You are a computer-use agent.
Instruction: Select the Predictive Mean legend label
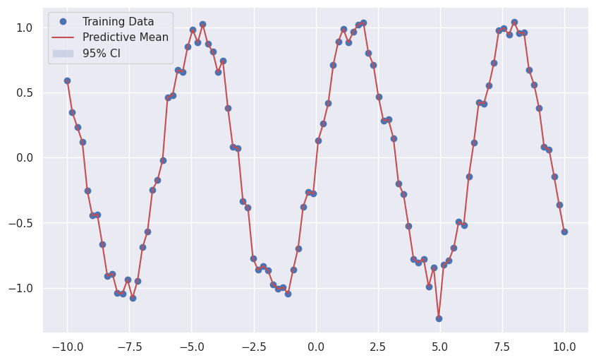tap(126, 37)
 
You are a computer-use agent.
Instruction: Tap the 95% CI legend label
tap(102, 54)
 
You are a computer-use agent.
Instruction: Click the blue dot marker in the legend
tap(63, 22)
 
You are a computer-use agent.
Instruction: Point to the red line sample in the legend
tap(63, 37)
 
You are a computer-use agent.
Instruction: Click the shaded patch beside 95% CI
tap(63, 54)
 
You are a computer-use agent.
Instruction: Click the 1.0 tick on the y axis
tap(26, 28)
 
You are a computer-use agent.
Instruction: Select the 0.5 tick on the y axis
tap(26, 92)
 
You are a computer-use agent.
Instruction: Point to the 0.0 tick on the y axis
tap(26, 158)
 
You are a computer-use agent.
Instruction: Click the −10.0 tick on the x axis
tap(67, 347)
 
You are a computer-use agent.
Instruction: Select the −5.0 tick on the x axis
tap(191, 347)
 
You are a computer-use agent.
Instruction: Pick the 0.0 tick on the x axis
tap(316, 347)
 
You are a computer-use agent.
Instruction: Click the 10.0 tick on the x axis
tap(564, 347)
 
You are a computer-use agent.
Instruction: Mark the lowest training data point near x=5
tap(439, 318)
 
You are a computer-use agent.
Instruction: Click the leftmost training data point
tap(67, 80)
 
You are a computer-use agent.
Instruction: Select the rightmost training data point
tap(564, 232)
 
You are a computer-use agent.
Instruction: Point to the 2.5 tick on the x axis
tap(378, 347)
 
